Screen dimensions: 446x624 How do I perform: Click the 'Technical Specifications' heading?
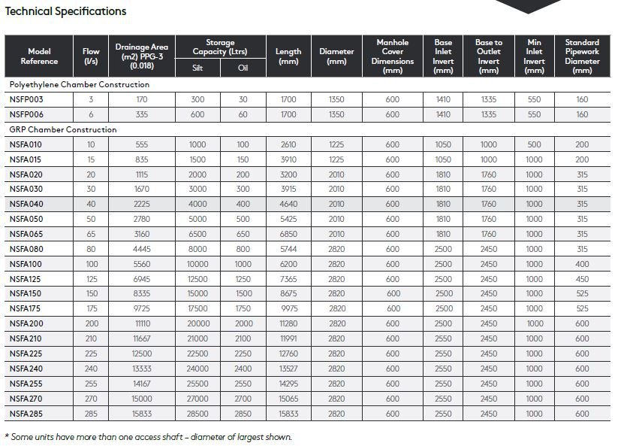[65, 11]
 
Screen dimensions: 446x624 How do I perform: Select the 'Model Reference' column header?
[39, 56]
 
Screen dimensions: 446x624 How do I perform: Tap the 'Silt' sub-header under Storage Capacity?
[197, 68]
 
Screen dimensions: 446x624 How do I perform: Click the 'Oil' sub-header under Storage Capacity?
[243, 68]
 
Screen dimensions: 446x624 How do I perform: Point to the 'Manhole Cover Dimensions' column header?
[392, 56]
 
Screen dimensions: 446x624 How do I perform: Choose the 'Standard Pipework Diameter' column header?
[582, 56]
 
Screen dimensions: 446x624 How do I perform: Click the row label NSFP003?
[26, 99]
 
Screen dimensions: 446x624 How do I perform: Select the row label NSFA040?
[26, 204]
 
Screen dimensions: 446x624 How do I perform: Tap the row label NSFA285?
[26, 414]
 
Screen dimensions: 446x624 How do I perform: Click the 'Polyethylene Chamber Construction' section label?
[79, 84]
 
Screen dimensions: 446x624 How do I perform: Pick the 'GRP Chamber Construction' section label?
[62, 129]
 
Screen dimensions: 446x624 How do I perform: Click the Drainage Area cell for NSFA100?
[141, 264]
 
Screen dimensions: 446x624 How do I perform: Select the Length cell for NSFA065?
[288, 234]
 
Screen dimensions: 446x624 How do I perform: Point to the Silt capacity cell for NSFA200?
[197, 323]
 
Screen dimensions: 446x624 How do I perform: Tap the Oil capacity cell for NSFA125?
[243, 279]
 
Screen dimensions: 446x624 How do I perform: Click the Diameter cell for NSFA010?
[336, 144]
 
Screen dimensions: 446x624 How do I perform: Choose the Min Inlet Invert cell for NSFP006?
[534, 114]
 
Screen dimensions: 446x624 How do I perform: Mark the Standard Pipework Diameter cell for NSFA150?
[582, 293]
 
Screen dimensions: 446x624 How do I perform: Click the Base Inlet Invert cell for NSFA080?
[443, 249]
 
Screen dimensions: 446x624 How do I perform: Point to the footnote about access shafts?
[149, 437]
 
